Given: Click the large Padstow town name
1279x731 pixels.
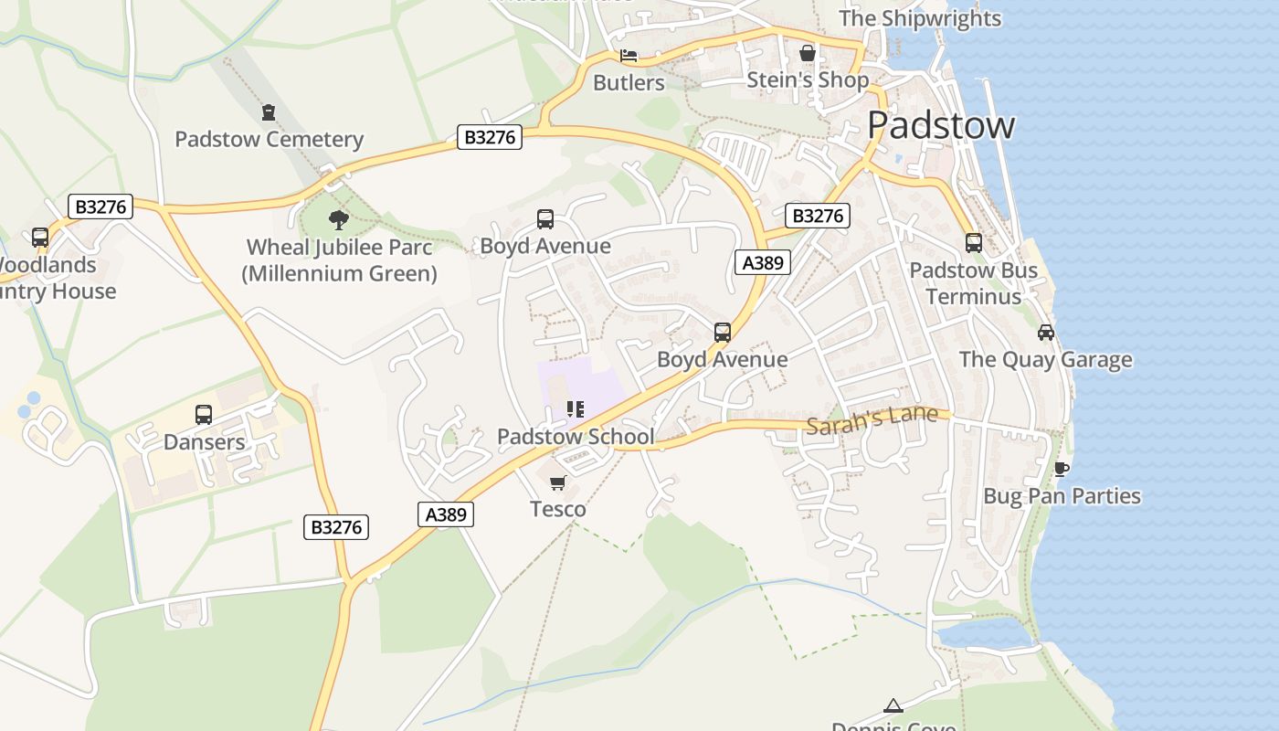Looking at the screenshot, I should point(940,125).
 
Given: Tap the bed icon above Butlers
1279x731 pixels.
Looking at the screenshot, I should point(629,56).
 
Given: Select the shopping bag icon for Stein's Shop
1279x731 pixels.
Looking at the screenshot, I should point(808,53).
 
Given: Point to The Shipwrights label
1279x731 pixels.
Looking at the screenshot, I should point(919,18).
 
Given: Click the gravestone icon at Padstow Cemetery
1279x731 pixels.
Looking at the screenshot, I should point(269,112).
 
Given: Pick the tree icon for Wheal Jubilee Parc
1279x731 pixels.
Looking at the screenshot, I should point(339,219).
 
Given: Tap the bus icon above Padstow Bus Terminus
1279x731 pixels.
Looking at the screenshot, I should point(974,243).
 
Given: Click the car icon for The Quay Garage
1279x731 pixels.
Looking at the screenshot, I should point(1046,333).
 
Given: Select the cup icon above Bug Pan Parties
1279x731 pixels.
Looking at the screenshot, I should point(1061,470).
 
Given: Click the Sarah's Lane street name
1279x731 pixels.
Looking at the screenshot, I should point(872,418).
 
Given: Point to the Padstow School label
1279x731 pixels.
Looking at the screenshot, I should point(576,437).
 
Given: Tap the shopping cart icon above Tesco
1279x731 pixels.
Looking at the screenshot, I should point(557,482).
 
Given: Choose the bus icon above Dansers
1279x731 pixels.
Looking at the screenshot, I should point(204,415).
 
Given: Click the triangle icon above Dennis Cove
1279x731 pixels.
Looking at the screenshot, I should point(893,705).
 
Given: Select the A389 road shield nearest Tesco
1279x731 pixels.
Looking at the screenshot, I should point(446,514).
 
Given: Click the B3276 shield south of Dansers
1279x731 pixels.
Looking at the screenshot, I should point(336,527).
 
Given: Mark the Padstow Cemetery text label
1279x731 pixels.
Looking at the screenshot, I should point(269,140).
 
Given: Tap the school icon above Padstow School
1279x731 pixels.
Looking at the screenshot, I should point(575,409).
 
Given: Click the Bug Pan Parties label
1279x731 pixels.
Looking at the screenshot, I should point(1062,496).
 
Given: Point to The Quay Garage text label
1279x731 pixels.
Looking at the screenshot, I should point(1045,360).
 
